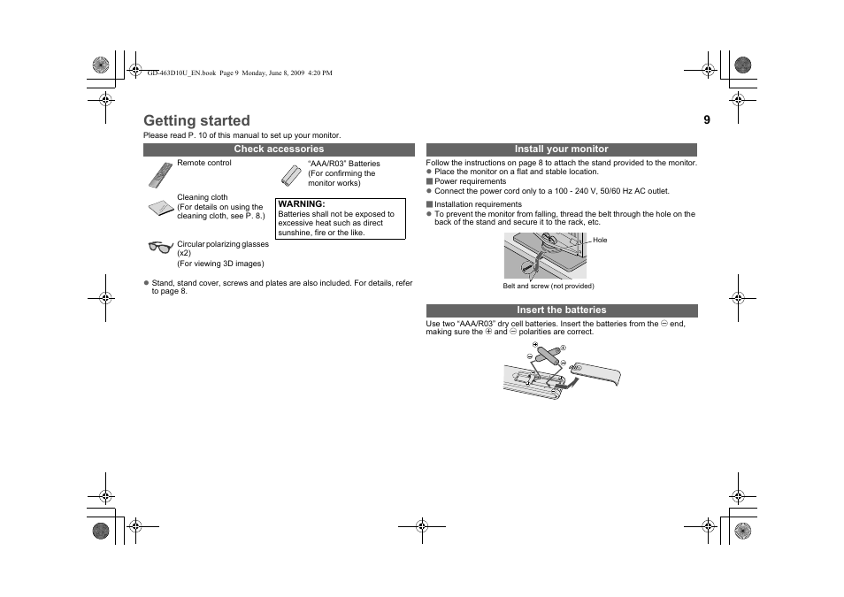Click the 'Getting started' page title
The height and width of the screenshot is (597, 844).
point(196,120)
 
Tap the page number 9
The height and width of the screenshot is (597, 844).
point(707,119)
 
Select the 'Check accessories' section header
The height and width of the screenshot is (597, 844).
point(279,149)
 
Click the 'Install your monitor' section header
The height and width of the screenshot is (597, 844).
point(562,149)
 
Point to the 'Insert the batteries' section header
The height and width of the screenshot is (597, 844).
point(562,310)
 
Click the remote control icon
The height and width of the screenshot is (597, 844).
point(159,175)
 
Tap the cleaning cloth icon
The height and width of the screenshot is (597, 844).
point(160,209)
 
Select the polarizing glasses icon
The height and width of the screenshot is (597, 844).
point(160,247)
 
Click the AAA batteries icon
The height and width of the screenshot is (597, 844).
point(292,174)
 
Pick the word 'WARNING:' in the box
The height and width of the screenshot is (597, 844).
point(302,204)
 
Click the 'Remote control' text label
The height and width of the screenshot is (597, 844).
point(204,163)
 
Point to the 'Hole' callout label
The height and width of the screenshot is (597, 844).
point(600,240)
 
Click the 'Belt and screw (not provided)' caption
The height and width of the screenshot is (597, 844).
point(549,286)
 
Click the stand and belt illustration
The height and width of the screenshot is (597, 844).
point(544,255)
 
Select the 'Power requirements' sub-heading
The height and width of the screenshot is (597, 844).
point(470,181)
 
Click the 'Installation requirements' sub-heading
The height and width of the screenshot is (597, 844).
point(478,204)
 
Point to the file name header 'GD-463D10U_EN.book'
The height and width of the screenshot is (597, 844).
point(181,73)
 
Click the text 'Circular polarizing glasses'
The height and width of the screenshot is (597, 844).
point(222,243)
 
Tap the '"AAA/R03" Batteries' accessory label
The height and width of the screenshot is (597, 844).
point(343,164)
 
